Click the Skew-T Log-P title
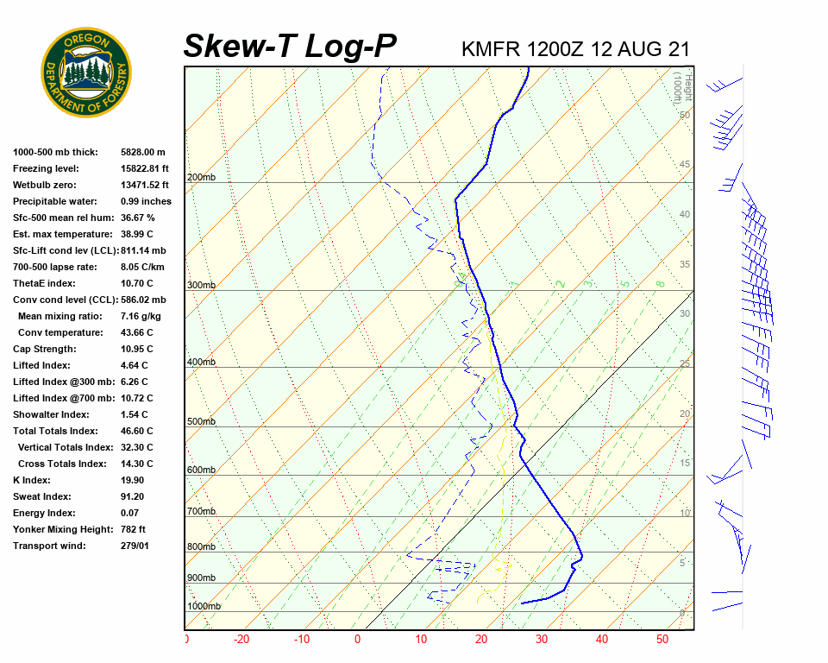(291, 47)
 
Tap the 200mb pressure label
(201, 178)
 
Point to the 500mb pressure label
(201, 422)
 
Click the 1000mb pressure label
(204, 607)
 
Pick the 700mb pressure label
(201, 512)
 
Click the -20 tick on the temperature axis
(241, 640)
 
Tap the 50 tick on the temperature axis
(662, 640)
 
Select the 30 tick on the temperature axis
(542, 640)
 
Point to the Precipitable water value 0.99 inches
(146, 201)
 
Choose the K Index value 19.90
(133, 480)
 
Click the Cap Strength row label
(45, 349)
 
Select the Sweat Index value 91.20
(133, 496)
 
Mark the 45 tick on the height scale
(685, 165)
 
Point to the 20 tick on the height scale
(685, 414)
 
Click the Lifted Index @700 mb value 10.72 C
(136, 398)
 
